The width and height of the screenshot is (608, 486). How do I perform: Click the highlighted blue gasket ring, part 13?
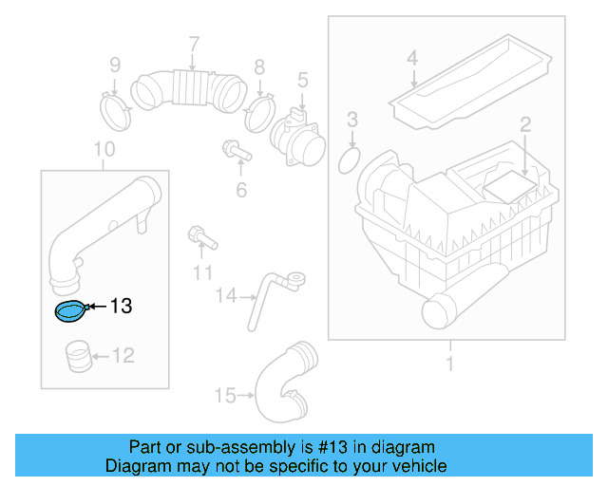coord(69,310)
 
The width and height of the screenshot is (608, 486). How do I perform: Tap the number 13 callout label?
coord(121,306)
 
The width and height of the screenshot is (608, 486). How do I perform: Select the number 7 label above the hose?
coord(193,44)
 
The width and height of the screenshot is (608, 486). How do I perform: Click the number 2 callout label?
coord(523,122)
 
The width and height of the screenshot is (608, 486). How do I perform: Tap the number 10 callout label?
coord(104,149)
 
